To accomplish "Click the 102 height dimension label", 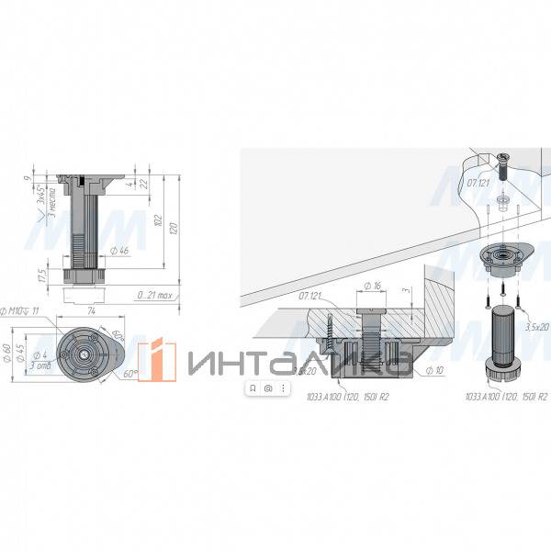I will tap(158, 220).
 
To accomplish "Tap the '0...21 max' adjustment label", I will tap(153, 296).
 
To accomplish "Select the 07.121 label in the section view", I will tap(309, 296).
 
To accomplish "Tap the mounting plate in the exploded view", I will tap(503, 260).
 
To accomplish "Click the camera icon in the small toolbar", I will tap(267, 388).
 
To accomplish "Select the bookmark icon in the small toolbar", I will tap(253, 388).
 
